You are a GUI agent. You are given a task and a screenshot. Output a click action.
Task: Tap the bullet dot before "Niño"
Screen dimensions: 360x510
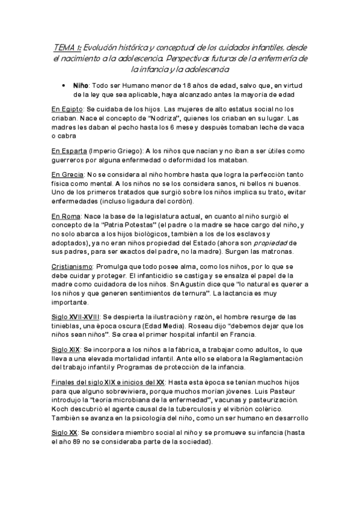[64, 86]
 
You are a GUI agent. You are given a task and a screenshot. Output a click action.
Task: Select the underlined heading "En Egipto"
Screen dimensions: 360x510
[67, 109]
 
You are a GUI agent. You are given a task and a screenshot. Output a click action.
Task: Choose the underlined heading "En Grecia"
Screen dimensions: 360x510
[67, 174]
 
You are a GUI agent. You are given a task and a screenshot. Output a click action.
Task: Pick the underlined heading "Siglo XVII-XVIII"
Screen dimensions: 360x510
[76, 316]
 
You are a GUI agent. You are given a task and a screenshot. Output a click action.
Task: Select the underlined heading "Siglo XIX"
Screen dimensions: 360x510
[65, 349]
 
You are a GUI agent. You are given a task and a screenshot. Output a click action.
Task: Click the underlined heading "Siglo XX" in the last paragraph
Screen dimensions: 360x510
[64, 432]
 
